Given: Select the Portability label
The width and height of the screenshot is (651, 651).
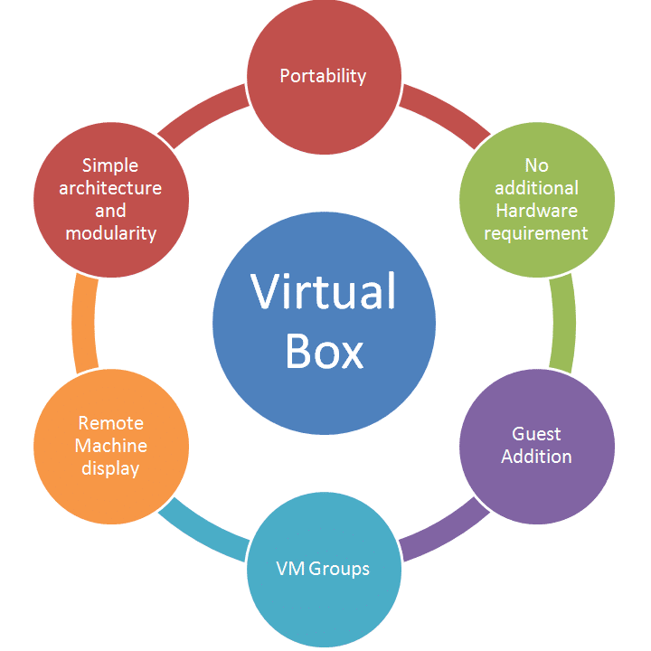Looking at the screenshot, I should click(x=323, y=76).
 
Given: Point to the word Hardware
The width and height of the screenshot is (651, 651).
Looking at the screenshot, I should click(x=536, y=211).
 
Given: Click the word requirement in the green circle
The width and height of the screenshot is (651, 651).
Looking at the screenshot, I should click(x=536, y=233).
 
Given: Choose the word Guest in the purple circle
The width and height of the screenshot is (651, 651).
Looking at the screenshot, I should click(x=536, y=434).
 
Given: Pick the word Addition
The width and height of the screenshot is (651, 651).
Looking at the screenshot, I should click(x=536, y=457).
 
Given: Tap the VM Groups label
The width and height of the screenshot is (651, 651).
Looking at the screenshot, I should click(x=323, y=569).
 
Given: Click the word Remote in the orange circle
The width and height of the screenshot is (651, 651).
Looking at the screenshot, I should click(x=110, y=423).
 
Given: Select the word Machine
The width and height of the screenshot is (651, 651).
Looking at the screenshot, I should click(x=110, y=446).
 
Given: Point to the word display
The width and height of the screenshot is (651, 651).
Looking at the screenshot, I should click(x=110, y=468).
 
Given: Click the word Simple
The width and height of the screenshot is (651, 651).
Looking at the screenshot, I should click(x=110, y=165).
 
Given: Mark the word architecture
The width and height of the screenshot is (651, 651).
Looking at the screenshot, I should click(x=110, y=188).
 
